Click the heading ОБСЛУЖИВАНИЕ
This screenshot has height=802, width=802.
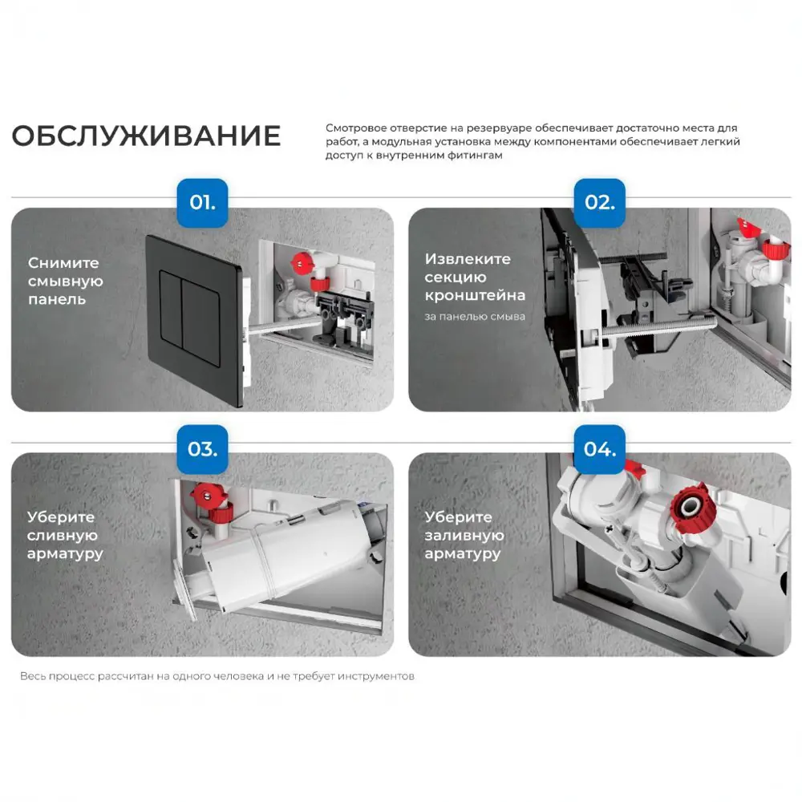tap(146, 136)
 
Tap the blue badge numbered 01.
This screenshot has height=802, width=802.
tap(202, 203)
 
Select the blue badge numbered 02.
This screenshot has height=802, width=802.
tap(599, 203)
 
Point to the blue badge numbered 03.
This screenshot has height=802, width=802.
tap(202, 449)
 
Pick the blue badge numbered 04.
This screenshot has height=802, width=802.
tap(599, 449)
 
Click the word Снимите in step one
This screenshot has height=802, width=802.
tap(63, 263)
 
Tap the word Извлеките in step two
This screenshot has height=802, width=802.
tap(468, 259)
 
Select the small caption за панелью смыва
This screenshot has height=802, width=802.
tap(475, 317)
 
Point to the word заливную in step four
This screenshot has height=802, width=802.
tap(464, 535)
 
